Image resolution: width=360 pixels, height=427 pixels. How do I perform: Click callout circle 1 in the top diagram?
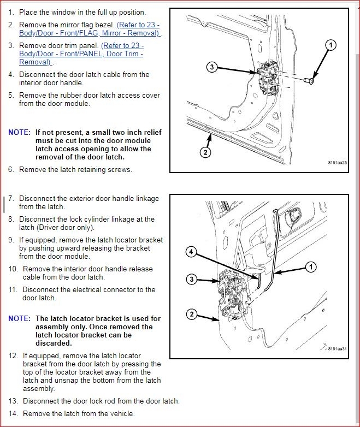330,45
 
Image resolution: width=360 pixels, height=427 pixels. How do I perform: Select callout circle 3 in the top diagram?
213,67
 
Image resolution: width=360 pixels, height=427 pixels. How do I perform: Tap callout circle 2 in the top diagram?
205,152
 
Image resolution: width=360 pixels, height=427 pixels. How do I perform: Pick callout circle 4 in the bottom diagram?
191,252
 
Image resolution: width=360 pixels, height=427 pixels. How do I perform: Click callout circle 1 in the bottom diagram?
311,267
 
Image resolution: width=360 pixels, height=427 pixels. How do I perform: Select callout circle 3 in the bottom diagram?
191,280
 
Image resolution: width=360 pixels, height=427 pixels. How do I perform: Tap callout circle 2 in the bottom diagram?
191,314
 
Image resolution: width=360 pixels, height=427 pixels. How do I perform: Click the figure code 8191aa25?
337,163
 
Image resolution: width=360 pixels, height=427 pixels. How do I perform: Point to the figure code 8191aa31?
337,348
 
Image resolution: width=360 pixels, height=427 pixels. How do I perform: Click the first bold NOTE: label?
20,132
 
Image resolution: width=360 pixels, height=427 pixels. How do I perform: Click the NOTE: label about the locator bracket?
20,318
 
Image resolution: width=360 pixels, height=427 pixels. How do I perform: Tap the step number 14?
14,414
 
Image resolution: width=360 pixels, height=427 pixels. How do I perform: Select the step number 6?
11,169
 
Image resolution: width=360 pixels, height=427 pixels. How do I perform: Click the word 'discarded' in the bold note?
54,343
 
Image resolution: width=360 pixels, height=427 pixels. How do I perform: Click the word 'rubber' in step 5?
81,95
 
